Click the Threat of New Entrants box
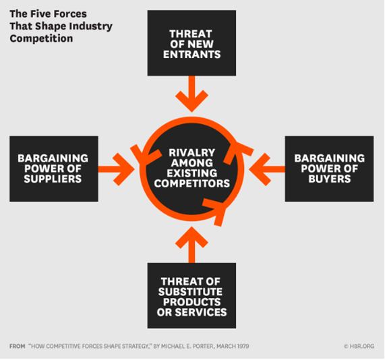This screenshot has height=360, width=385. [191, 43]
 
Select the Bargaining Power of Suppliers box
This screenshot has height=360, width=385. [54, 169]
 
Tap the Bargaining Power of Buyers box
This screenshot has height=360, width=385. [329, 169]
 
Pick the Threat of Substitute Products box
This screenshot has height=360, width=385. [191, 296]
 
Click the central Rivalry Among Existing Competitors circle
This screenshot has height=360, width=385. [191, 169]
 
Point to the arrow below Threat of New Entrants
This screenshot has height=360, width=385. [191, 94]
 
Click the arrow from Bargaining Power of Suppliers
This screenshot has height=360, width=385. [117, 169]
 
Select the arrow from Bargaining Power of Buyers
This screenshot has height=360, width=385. [267, 169]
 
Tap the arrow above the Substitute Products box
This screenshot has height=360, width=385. [191, 245]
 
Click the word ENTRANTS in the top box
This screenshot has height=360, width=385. [191, 55]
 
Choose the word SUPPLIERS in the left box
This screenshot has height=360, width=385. [53, 179]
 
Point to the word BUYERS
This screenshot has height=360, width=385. [330, 179]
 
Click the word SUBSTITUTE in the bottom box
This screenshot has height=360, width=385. [191, 292]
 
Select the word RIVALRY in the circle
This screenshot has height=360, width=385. [191, 153]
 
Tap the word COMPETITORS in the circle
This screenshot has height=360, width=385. [191, 183]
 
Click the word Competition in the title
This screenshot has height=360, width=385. [41, 38]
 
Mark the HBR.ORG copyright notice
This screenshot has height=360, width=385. [359, 347]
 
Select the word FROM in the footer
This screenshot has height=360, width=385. [17, 347]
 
